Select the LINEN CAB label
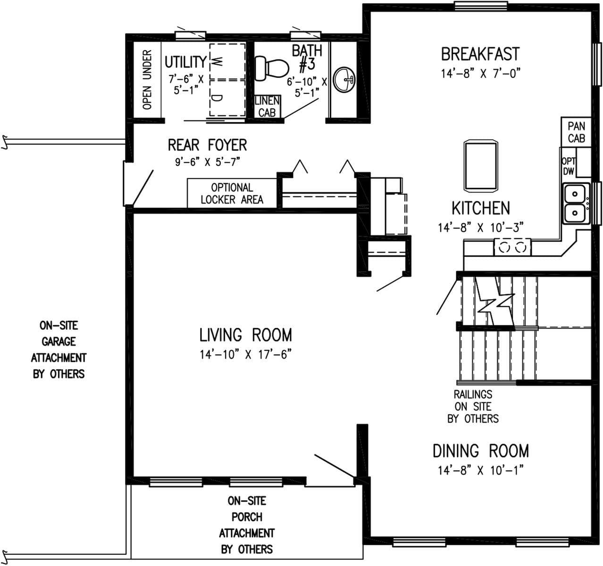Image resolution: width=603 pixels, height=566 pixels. (267, 107)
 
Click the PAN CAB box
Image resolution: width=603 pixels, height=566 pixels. (576, 132)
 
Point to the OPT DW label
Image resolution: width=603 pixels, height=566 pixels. (569, 166)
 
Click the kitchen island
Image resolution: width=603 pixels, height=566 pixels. (480, 166)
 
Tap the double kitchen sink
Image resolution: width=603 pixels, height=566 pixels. (575, 203)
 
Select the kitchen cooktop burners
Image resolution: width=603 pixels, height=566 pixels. (512, 247)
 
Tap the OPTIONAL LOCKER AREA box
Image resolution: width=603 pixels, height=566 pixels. (232, 193)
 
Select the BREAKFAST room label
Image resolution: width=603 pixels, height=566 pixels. (480, 54)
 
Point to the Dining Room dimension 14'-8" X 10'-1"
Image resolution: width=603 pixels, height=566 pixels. (480, 470)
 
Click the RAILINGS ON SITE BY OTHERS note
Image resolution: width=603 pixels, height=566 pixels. (473, 406)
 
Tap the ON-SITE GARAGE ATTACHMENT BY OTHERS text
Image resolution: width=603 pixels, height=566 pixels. (59, 350)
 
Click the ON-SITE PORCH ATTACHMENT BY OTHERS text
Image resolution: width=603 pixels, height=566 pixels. (247, 525)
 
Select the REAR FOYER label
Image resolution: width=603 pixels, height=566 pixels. (207, 144)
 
